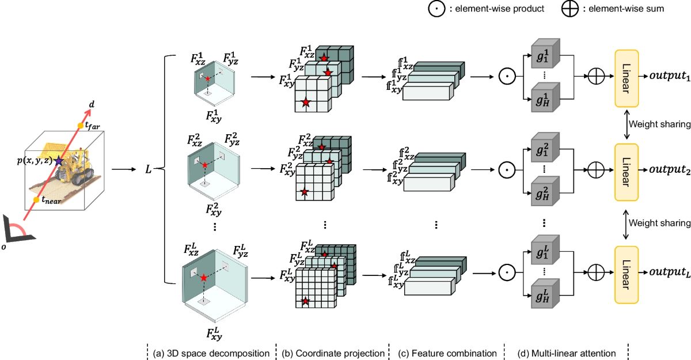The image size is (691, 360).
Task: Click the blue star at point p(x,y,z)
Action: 59,161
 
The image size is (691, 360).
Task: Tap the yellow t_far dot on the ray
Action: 81,126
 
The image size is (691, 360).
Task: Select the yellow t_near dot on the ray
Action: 36,200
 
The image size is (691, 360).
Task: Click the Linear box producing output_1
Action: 627,78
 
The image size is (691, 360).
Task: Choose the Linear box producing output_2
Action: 627,172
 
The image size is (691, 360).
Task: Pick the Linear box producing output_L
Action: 627,275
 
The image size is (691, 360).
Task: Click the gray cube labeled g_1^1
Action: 545,54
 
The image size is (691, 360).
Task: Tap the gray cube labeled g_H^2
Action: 545,191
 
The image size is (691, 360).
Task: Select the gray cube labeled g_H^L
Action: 545,293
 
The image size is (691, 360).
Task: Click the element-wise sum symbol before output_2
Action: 596,170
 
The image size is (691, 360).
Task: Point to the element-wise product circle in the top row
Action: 507,76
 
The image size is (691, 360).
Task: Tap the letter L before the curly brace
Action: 149,169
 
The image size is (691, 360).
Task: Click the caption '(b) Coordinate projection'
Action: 333,353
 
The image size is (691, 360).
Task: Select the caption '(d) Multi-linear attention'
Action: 567,353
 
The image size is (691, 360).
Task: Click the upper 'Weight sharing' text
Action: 659,124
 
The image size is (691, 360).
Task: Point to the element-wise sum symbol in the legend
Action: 569,9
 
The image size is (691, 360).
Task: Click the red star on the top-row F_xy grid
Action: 306,102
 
